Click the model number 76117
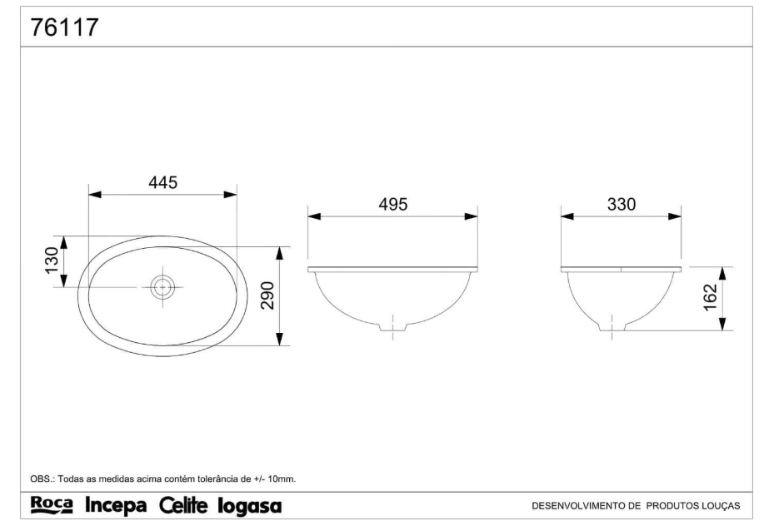65,27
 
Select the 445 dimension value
163,182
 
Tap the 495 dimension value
393,205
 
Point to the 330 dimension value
621,205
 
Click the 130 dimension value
52,260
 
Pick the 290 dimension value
267,295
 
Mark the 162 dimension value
711,297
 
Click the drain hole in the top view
162,287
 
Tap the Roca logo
52,505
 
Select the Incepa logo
117,506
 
